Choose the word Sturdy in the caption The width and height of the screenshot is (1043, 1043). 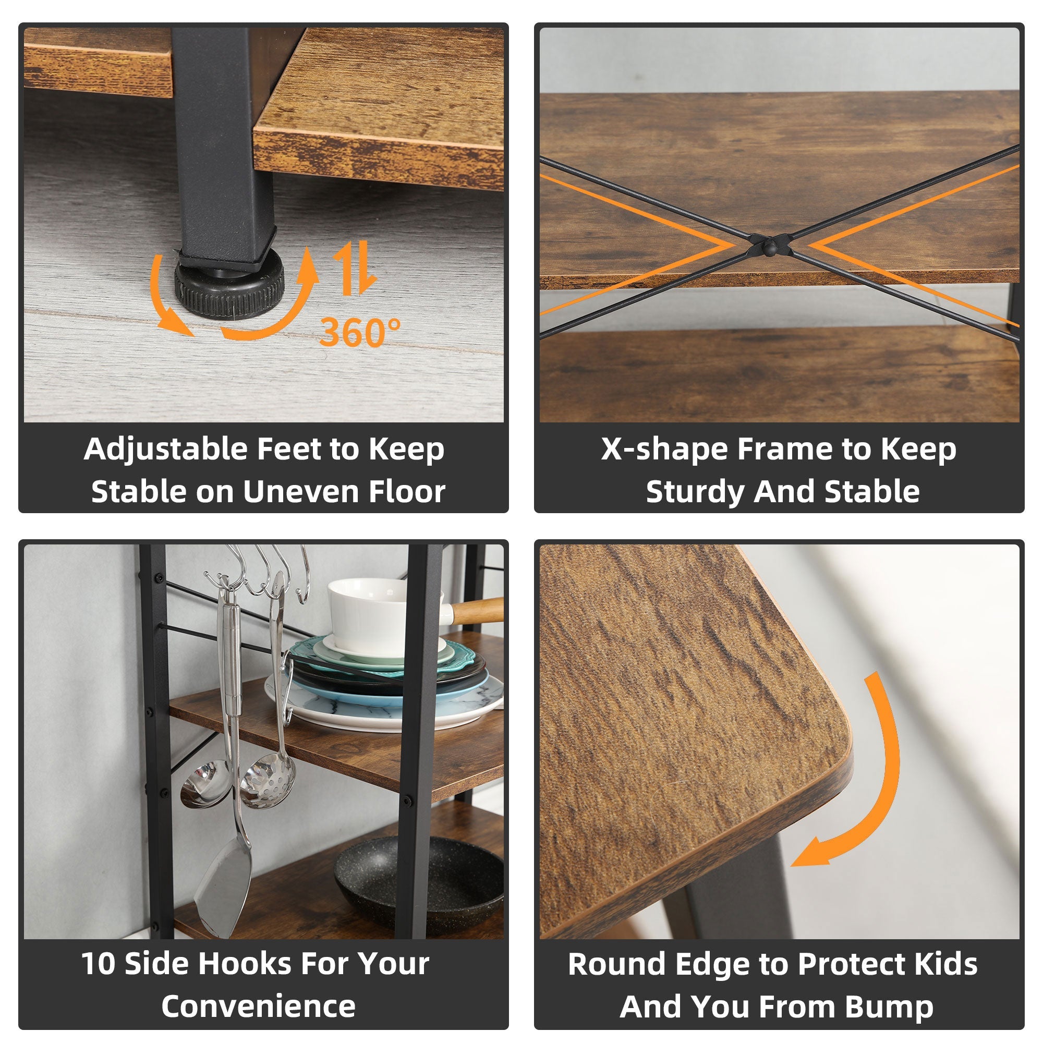click(x=695, y=492)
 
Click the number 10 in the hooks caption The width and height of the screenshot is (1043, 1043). click(x=98, y=964)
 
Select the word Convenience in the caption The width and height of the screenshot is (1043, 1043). click(x=258, y=1006)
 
